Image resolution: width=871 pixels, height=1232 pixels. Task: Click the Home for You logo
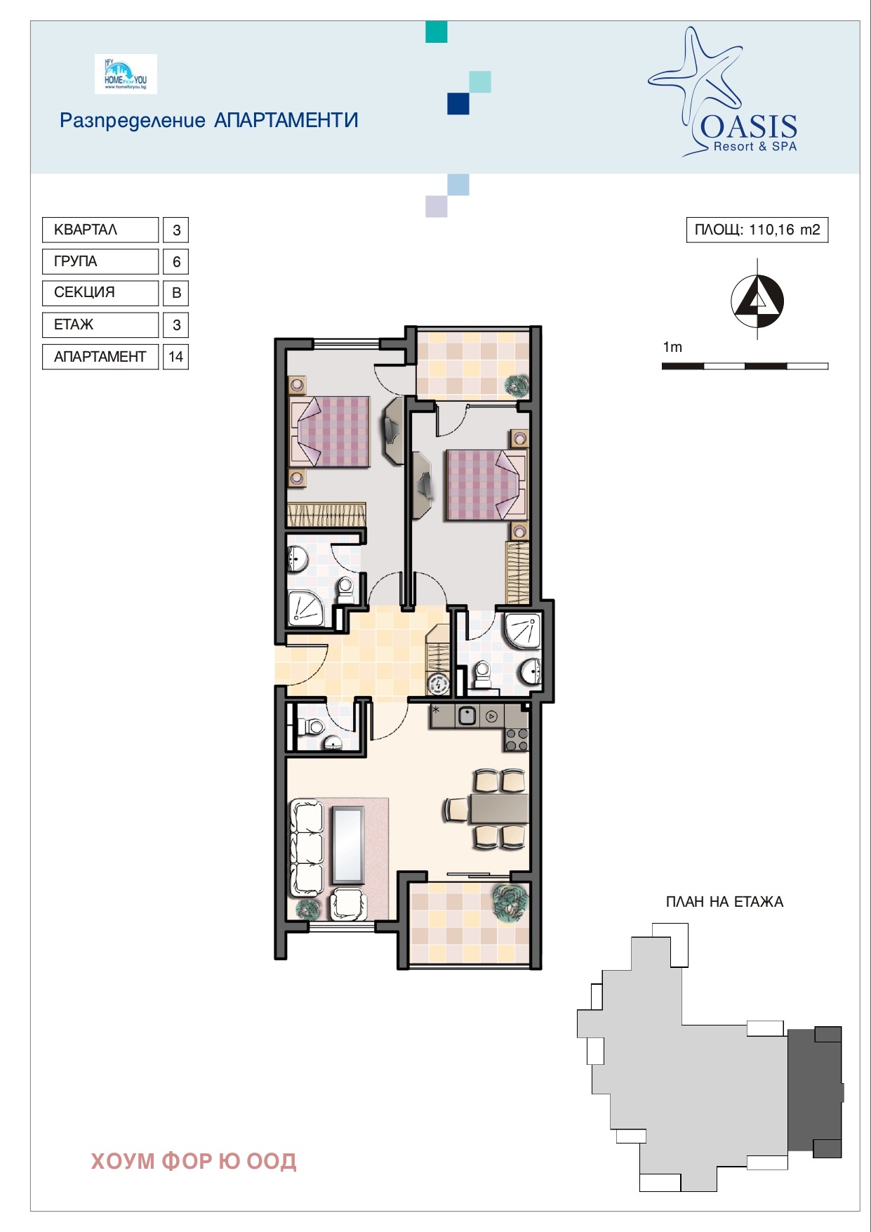(126, 74)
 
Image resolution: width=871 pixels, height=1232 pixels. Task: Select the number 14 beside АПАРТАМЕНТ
(175, 357)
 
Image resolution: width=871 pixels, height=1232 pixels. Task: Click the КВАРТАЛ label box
(100, 230)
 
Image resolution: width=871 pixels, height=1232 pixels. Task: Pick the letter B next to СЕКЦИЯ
(176, 293)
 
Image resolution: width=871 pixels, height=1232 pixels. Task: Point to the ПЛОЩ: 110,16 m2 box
(757, 230)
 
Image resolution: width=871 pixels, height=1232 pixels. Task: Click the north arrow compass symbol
(757, 301)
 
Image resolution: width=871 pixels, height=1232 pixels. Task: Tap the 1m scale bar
(745, 366)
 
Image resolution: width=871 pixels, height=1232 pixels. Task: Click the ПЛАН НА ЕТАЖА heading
(724, 902)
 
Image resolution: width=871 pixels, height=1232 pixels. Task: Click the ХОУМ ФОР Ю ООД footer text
(194, 1161)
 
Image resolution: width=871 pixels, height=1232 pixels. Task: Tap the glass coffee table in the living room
(348, 845)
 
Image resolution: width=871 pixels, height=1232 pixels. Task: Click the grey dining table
(499, 808)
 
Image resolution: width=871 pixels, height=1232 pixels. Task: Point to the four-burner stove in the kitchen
(517, 739)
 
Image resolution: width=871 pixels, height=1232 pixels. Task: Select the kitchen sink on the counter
(467, 716)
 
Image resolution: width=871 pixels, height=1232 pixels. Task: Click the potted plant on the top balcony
(517, 385)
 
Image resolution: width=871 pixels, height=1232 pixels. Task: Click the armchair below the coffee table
(348, 904)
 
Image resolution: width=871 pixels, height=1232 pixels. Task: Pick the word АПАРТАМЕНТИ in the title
(286, 120)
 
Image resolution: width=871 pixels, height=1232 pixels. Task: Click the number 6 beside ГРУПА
(176, 261)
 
